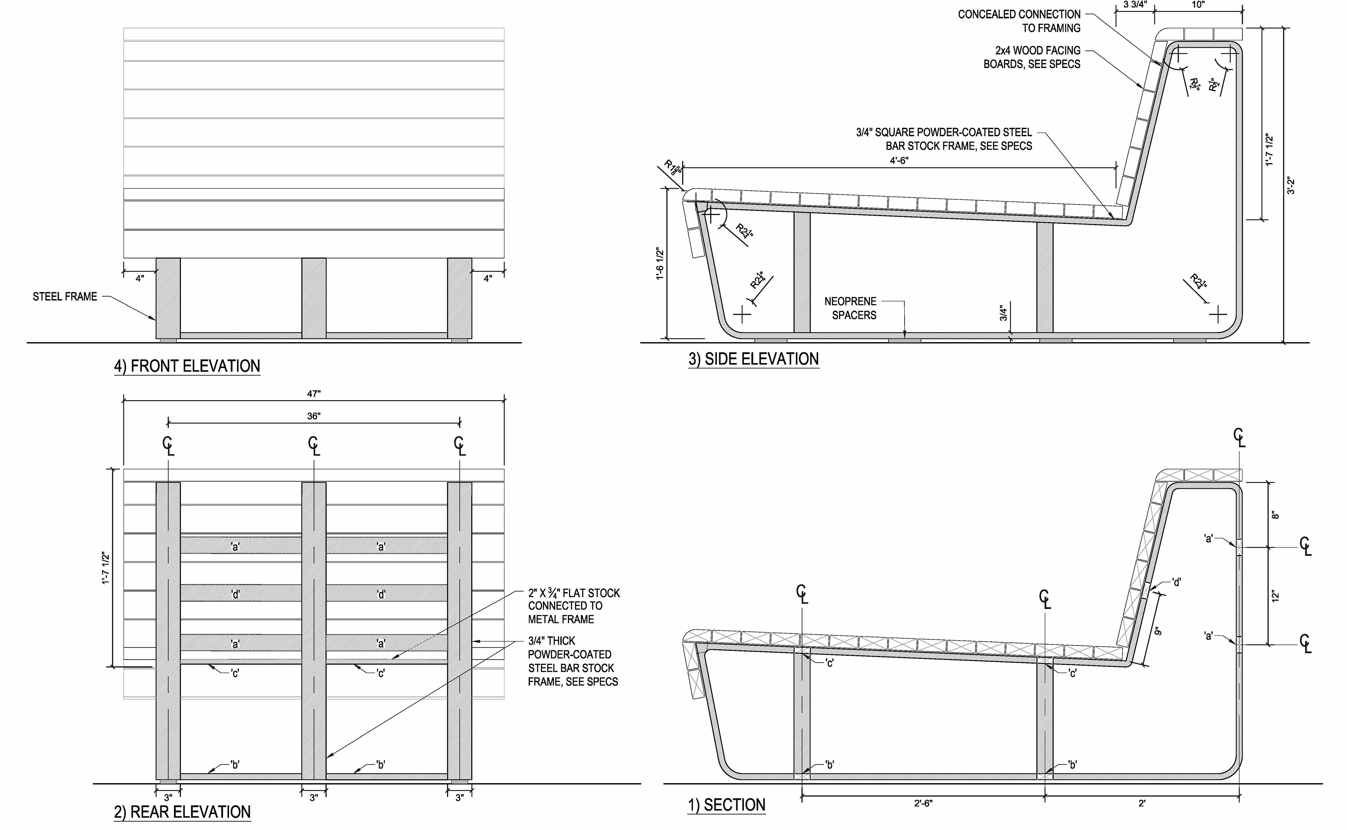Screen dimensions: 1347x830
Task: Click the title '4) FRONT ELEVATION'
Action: (x=187, y=366)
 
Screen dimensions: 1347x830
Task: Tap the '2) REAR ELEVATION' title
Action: (x=182, y=812)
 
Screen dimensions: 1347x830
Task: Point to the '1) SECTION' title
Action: (x=726, y=805)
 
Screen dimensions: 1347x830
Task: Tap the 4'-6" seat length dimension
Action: (x=899, y=160)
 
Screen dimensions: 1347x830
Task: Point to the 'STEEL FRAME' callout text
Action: (x=65, y=296)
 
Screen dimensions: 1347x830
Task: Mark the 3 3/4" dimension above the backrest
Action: (x=1134, y=5)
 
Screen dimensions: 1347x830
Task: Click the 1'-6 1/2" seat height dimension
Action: (x=660, y=263)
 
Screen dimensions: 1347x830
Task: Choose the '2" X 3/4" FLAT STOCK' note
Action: (x=574, y=606)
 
